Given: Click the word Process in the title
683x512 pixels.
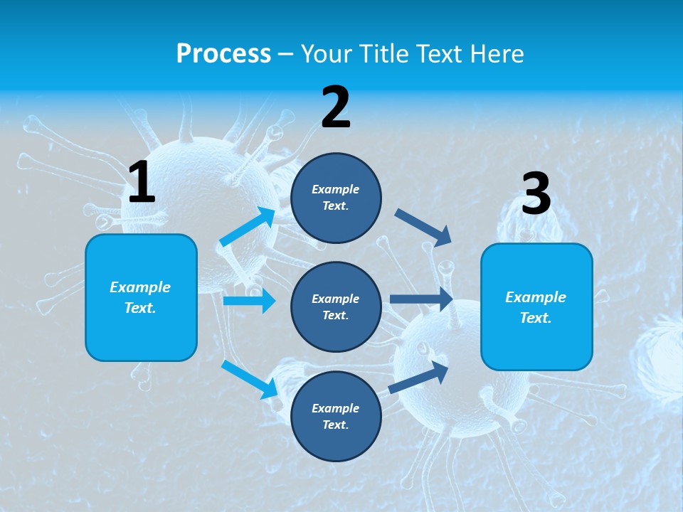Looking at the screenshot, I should (x=223, y=53).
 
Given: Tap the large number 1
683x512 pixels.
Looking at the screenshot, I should (x=142, y=183).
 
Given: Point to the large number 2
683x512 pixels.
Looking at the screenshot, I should (x=336, y=107).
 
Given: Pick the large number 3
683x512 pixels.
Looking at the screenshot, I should (x=536, y=194).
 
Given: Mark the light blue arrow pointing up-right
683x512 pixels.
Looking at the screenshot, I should (x=248, y=227).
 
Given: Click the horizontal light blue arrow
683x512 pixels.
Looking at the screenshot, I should (x=249, y=301).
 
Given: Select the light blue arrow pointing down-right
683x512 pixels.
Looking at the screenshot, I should (x=250, y=379).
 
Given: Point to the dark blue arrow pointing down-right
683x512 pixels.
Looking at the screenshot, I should (x=423, y=228).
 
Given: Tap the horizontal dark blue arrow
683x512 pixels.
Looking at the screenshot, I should (x=421, y=299).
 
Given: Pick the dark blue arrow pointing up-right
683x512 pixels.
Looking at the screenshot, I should (x=418, y=378).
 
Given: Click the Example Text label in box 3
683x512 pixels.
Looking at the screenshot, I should (x=536, y=307).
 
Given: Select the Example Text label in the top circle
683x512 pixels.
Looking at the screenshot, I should (x=336, y=198).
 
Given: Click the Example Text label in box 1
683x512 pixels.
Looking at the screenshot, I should (x=140, y=297).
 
